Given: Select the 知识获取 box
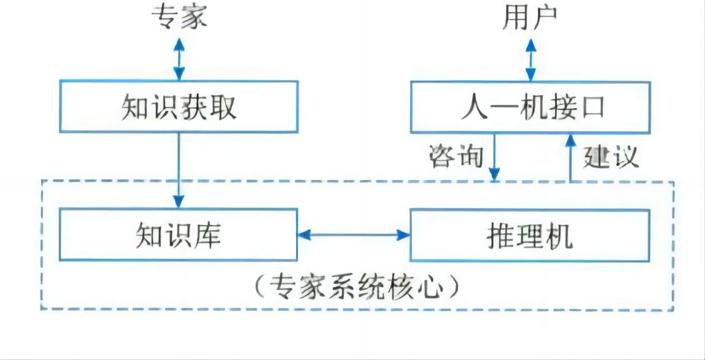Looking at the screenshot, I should tap(179, 107).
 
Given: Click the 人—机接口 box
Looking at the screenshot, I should tap(530, 107).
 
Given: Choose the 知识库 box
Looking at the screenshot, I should tap(179, 235).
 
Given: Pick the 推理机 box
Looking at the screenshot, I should tap(530, 235).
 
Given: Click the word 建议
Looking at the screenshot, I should tap(611, 156).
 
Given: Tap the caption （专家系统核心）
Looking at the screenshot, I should tap(357, 287).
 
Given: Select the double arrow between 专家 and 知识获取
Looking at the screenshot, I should tap(179, 58).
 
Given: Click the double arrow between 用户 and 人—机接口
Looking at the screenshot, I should tap(530, 59).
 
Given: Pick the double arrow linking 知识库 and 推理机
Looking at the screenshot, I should tap(354, 235).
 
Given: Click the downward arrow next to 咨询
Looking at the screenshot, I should tap(494, 156).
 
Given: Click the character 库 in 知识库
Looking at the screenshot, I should tap(207, 236).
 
